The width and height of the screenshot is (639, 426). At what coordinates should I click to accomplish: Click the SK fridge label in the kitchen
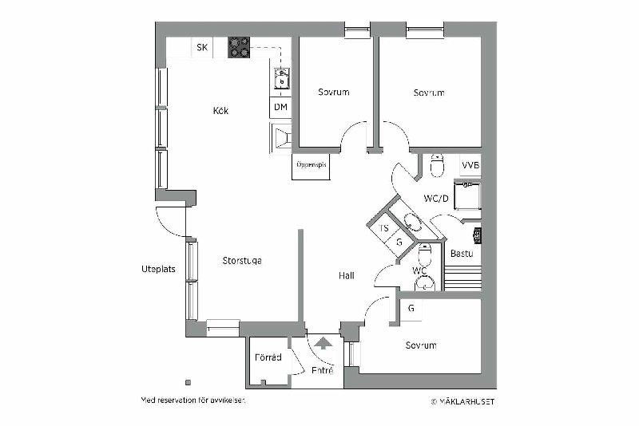click(202, 48)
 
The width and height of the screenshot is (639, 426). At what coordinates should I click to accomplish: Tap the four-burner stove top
click(239, 48)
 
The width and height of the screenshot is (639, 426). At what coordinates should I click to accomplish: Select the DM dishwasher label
click(280, 107)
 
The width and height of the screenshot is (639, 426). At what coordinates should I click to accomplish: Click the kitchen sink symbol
click(282, 78)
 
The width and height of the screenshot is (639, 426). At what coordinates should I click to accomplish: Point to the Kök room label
click(221, 111)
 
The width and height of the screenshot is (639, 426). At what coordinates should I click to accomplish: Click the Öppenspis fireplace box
click(311, 167)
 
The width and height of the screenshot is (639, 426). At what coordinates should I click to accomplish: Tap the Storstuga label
click(242, 261)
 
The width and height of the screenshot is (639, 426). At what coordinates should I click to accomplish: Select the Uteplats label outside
click(158, 269)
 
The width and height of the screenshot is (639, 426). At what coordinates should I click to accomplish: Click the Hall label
click(347, 276)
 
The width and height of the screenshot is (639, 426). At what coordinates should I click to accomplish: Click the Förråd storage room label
click(268, 357)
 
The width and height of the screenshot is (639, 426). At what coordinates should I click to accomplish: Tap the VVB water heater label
click(470, 166)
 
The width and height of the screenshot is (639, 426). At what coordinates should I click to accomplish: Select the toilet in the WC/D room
click(437, 165)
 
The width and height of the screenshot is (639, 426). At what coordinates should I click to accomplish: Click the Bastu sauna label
click(462, 254)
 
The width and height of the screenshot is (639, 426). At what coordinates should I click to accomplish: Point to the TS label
click(384, 228)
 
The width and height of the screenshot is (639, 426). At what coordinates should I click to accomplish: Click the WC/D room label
click(436, 199)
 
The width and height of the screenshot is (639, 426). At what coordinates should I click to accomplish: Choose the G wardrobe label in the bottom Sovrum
click(411, 309)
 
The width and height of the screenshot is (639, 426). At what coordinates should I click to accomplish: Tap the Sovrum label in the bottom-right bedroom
click(421, 345)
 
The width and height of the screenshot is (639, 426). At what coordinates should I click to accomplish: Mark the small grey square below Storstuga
click(189, 382)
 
